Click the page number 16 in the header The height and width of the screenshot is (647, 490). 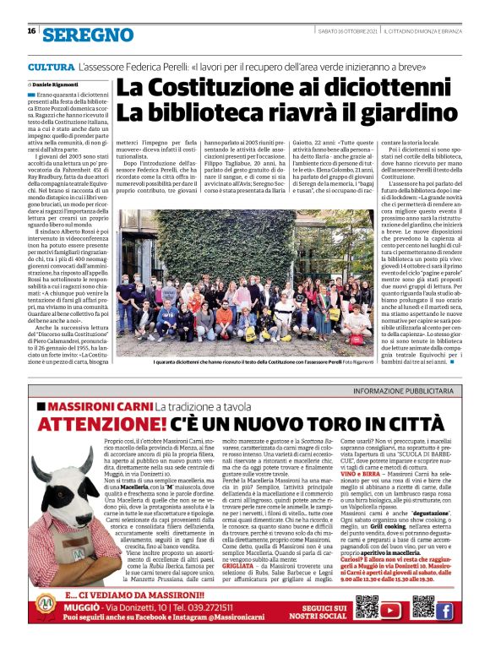pyautogui.click(x=30, y=31)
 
